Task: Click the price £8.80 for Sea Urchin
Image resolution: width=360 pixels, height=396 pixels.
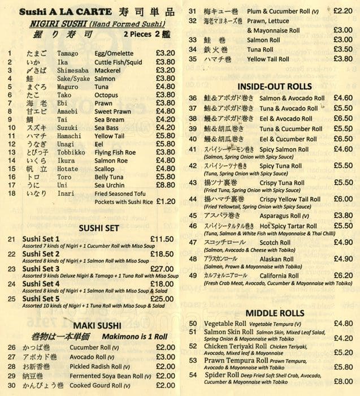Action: point(164,184)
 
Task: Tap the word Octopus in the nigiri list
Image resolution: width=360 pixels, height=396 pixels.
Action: point(107,95)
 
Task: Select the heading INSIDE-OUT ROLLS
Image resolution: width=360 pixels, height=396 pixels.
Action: point(274,87)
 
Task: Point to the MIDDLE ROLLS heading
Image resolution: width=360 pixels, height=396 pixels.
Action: point(275,313)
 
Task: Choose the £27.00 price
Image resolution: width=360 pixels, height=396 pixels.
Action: point(162,269)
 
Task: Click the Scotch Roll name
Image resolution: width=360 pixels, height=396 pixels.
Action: point(275,242)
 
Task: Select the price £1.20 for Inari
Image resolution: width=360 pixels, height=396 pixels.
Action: point(164,201)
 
